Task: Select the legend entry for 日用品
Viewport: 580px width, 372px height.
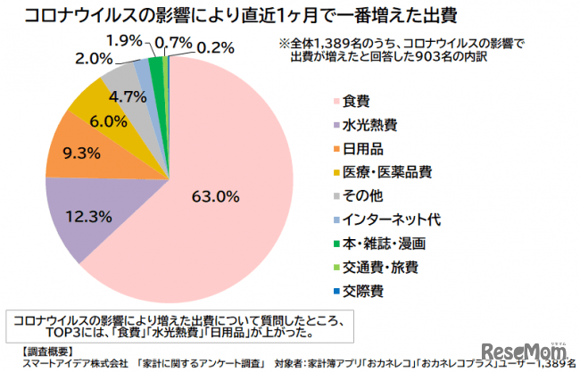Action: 364,148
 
